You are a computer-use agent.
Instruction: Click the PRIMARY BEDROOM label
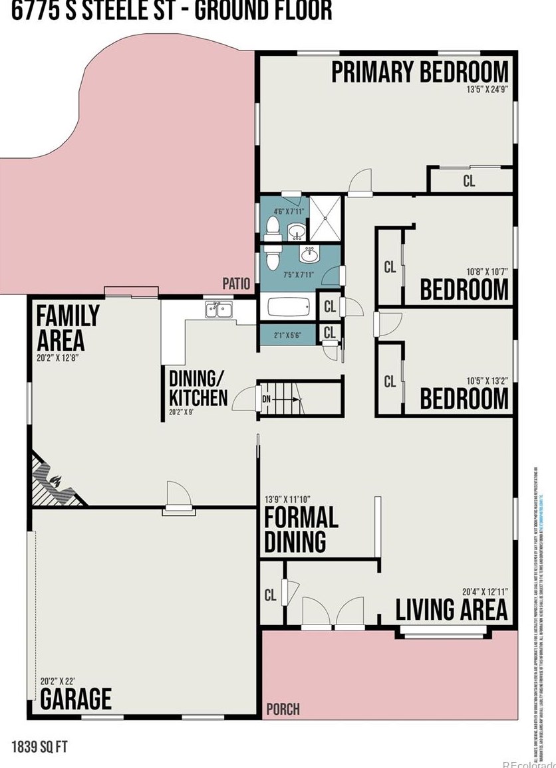(x=420, y=72)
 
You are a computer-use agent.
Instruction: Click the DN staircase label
(x=267, y=400)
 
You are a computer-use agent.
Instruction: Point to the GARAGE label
(x=76, y=698)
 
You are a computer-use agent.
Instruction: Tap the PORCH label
(x=283, y=709)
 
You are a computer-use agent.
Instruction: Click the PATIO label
(x=236, y=284)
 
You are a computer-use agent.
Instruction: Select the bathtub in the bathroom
(x=288, y=308)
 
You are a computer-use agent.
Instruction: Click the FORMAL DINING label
(x=301, y=529)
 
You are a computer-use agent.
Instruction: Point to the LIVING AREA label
(x=452, y=609)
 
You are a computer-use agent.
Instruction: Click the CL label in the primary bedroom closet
(x=469, y=181)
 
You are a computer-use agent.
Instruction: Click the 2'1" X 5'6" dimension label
(x=287, y=336)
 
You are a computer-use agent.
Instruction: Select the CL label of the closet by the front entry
(x=270, y=595)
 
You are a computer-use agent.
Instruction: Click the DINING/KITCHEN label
(x=198, y=388)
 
